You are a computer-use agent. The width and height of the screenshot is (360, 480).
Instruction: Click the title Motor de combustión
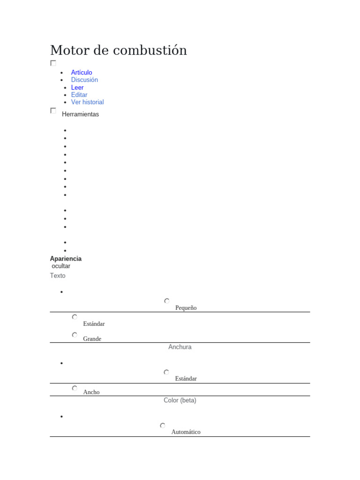pyautogui.click(x=118, y=50)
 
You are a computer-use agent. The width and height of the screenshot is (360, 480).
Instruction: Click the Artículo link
pyautogui.click(x=82, y=72)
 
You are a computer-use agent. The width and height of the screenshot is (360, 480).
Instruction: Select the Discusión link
pyautogui.click(x=84, y=80)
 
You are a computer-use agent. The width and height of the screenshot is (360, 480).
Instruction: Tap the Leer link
pyautogui.click(x=77, y=87)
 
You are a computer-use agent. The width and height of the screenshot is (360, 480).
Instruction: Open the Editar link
pyautogui.click(x=79, y=95)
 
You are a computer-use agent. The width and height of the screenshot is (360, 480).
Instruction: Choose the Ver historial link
pyautogui.click(x=87, y=102)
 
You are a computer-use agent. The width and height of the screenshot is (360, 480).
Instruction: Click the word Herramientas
pyautogui.click(x=80, y=114)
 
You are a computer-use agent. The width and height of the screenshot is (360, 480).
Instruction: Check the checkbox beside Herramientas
pyautogui.click(x=53, y=111)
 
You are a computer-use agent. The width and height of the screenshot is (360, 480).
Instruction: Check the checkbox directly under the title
pyautogui.click(x=53, y=63)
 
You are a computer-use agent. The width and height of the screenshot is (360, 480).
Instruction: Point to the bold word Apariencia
pyautogui.click(x=66, y=259)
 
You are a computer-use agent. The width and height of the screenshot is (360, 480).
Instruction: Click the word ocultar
pyautogui.click(x=61, y=266)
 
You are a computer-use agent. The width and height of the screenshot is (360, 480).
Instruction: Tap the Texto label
pyautogui.click(x=58, y=276)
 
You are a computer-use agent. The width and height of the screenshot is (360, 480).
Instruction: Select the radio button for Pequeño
pyautogui.click(x=167, y=301)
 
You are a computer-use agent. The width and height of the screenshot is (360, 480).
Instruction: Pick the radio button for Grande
pyautogui.click(x=75, y=335)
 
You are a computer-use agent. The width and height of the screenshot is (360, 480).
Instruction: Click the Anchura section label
pyautogui.click(x=180, y=347)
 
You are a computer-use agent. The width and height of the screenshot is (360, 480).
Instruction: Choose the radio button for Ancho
pyautogui.click(x=75, y=388)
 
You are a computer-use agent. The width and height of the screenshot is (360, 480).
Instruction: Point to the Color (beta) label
pyautogui.click(x=180, y=400)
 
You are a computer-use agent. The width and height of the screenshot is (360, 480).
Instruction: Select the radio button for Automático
pyautogui.click(x=163, y=426)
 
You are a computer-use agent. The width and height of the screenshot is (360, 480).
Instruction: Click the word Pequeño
pyautogui.click(x=186, y=308)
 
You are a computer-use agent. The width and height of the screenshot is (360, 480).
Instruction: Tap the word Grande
pyautogui.click(x=92, y=339)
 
